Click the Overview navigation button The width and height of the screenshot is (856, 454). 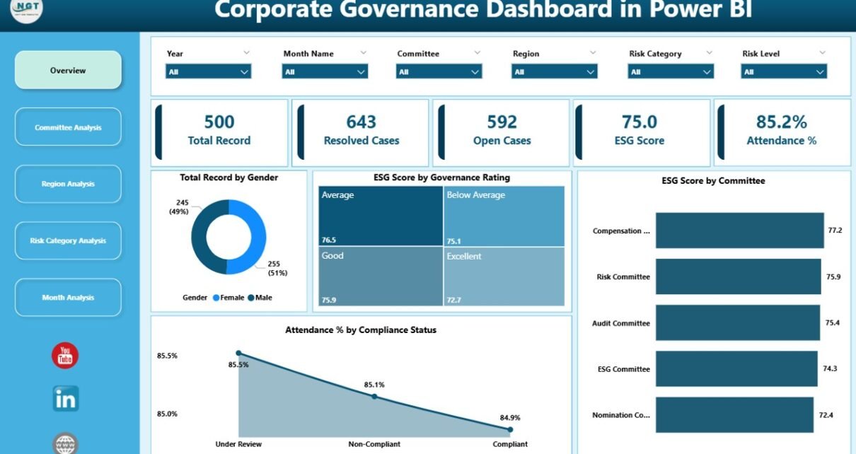[x=68, y=70]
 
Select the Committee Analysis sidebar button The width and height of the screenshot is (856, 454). [x=68, y=127]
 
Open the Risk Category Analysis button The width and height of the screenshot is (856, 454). [x=68, y=240]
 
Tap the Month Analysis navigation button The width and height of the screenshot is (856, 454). [x=68, y=298]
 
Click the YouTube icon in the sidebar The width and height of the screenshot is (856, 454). [x=65, y=355]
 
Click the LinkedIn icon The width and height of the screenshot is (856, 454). [x=66, y=399]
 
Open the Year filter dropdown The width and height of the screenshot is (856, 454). [x=209, y=71]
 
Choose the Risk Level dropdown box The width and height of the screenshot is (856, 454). [x=784, y=71]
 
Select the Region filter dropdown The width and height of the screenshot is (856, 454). [x=555, y=71]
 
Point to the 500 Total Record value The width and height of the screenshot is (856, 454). [x=219, y=122]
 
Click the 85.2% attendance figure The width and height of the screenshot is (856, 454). [x=781, y=122]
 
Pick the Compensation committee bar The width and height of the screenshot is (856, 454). [x=739, y=231]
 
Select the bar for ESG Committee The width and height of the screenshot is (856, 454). [x=736, y=369]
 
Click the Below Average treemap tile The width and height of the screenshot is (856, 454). [x=504, y=216]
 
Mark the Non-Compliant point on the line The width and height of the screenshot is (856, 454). [x=374, y=396]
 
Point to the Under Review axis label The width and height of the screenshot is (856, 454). [x=238, y=444]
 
